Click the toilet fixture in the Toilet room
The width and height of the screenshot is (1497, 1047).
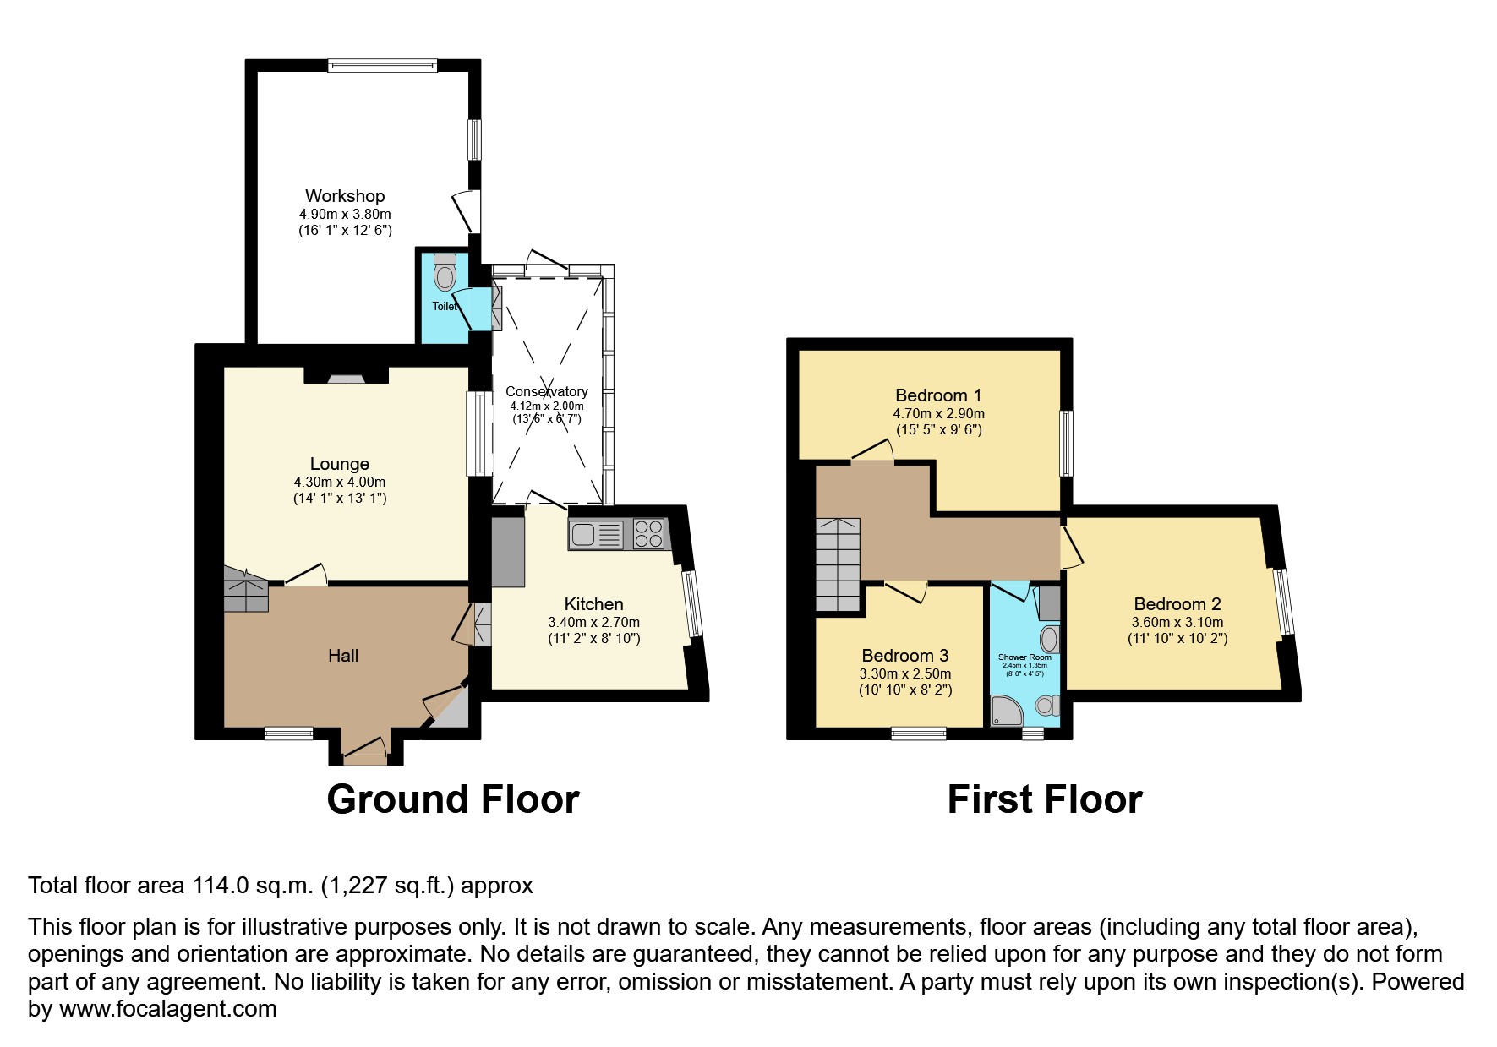point(445,272)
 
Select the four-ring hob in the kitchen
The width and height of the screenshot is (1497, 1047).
point(648,533)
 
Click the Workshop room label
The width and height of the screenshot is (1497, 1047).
point(345,196)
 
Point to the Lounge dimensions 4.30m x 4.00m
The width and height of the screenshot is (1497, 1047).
point(340,482)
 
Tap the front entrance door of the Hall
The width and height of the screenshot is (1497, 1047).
point(364,749)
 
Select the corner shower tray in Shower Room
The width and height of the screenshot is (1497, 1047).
point(1005,711)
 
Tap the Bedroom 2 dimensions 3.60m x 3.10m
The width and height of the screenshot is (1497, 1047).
point(1177,623)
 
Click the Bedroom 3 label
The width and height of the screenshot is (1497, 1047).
point(904,656)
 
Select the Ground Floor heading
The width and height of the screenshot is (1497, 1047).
point(453,799)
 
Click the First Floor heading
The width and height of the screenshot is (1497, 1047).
point(1045,799)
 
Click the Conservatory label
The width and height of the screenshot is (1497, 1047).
point(546,391)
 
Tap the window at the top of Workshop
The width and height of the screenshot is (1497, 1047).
point(383,65)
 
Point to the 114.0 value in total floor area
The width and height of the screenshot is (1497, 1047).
point(219,886)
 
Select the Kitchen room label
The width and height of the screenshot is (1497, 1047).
point(593,604)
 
